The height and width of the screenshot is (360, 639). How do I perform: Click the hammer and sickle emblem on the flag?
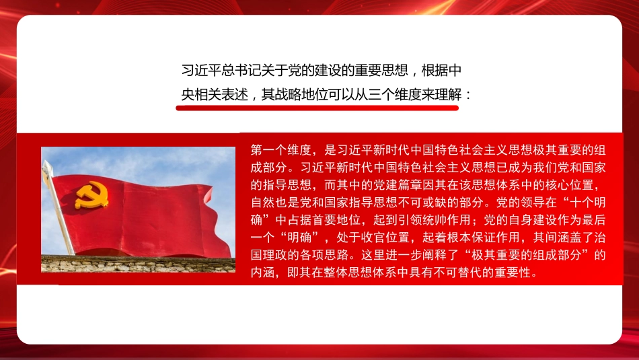coord(91,194)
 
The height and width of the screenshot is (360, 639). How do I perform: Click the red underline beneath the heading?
coord(317,106)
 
